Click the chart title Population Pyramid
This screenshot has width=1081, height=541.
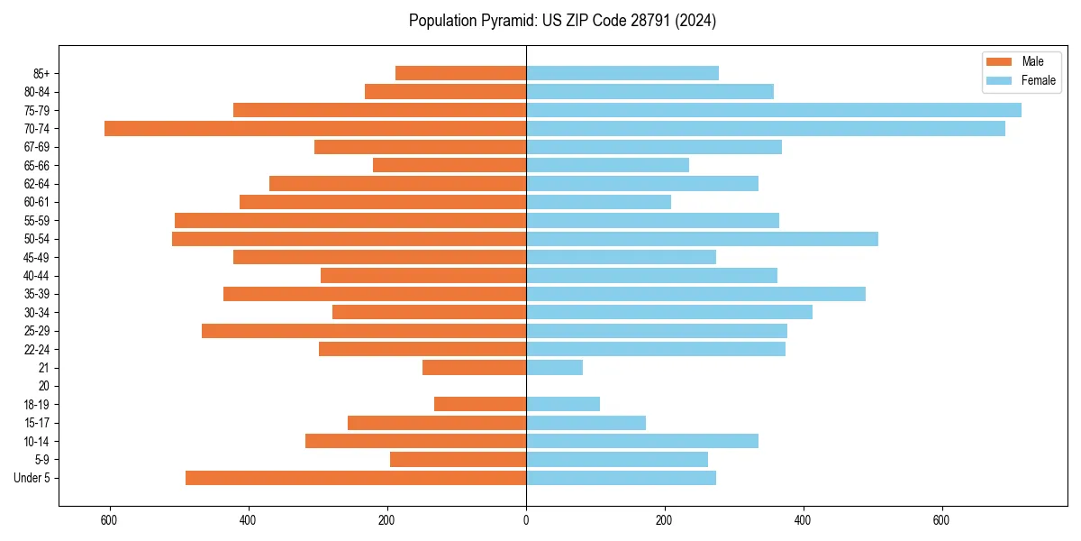coord(562,21)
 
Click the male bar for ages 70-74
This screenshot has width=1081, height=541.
coord(315,129)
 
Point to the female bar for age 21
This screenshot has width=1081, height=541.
coord(554,368)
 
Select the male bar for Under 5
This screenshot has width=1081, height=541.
coord(356,478)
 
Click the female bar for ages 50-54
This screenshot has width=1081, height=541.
coord(702,239)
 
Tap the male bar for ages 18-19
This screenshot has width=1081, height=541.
coord(480,404)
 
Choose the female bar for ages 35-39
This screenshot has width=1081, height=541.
coord(695,294)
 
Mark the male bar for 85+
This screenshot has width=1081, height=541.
coord(460,73)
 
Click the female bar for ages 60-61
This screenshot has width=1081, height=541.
coord(598,202)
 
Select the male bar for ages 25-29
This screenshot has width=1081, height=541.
coord(364,331)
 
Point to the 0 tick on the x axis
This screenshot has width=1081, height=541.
coord(526,521)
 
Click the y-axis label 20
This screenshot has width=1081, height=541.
coord(44,386)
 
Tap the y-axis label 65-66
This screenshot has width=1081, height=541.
coord(37,165)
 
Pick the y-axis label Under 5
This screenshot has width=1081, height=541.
coord(32,478)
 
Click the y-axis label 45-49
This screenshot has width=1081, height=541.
coord(37,257)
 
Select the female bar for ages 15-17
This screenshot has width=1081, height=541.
coord(586,423)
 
